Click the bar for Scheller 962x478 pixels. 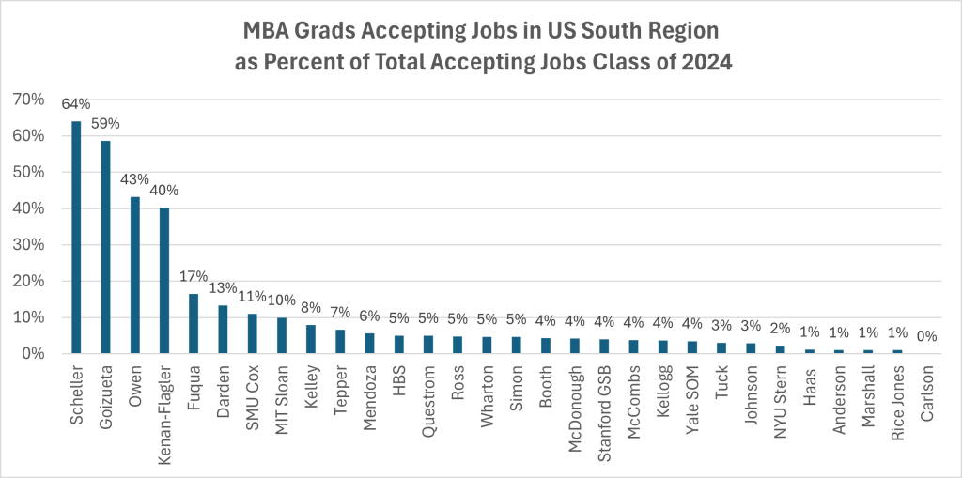tap(76, 238)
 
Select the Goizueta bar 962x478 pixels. tap(105, 247)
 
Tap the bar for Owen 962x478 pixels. tap(134, 275)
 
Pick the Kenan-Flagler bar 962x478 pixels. tap(164, 281)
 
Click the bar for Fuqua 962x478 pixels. tap(194, 324)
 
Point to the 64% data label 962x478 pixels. tap(76, 104)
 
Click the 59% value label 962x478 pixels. tap(105, 124)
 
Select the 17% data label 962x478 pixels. tap(194, 277)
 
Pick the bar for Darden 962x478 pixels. tap(223, 330)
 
